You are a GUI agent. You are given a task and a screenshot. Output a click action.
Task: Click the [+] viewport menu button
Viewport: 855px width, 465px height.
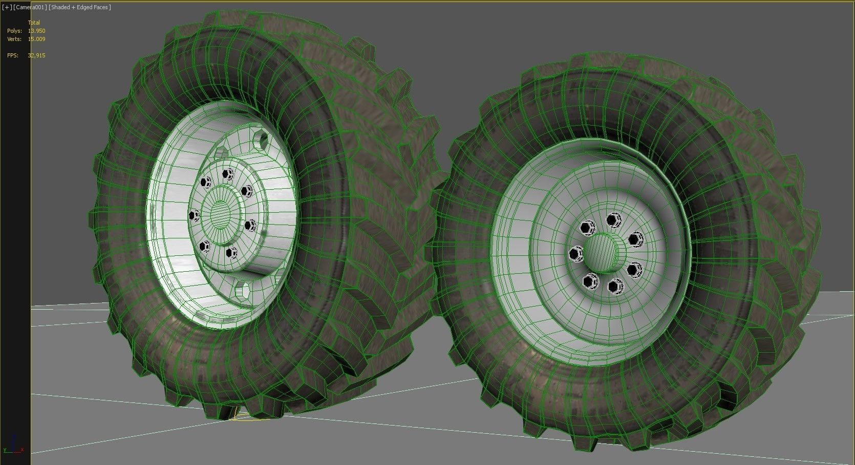coord(7,7)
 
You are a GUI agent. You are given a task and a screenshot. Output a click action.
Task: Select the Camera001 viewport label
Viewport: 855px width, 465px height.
coord(30,7)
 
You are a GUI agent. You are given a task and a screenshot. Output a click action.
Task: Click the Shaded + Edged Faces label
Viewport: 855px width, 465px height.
coord(79,7)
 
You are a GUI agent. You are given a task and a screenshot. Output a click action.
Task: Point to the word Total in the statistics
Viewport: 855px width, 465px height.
coord(34,23)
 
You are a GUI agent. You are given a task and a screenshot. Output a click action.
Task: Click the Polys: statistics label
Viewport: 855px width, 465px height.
coord(14,31)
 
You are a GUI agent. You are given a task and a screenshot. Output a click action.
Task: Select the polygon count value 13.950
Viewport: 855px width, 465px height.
coord(36,31)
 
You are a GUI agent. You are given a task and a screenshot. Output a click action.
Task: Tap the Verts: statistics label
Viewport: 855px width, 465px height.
coord(14,39)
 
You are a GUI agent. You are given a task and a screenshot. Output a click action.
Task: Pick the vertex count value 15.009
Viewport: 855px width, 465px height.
coord(36,39)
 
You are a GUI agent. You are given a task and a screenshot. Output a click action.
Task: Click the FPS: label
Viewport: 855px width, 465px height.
coord(13,55)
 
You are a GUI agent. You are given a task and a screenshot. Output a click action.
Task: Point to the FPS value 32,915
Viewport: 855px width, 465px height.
coord(36,55)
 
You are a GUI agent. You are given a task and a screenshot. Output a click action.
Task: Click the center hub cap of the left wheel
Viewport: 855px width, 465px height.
coord(221,213)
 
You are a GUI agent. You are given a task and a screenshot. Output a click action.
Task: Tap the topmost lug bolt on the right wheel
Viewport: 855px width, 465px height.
coord(613,220)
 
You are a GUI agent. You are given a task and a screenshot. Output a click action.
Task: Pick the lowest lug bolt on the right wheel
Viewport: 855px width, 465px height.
coord(615,286)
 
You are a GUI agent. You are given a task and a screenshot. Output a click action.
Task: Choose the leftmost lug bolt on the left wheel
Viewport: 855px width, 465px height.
coord(195,215)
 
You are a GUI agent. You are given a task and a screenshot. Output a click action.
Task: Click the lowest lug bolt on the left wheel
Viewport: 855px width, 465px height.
coord(231,252)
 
